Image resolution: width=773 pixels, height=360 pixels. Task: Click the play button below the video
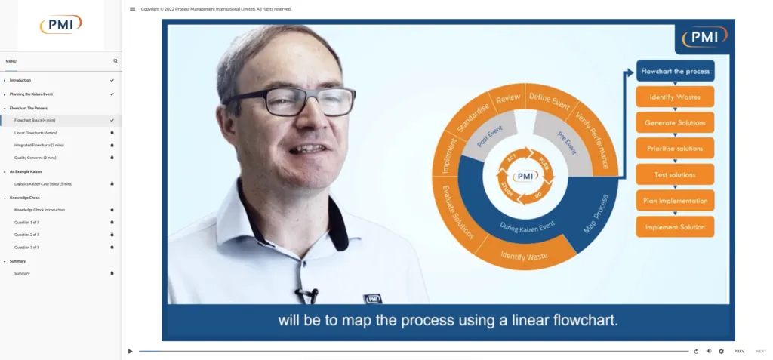130,351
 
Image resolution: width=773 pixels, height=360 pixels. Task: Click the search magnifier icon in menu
115,61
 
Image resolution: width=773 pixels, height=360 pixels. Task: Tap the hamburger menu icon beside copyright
133,9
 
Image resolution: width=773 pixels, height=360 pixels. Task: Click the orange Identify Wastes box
675,97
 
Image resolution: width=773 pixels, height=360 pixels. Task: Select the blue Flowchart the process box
675,72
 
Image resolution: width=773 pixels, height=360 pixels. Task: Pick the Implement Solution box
675,227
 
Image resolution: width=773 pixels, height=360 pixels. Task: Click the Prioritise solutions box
675,149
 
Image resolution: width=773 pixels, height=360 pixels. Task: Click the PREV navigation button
739,351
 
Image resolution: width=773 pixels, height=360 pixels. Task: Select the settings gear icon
721,351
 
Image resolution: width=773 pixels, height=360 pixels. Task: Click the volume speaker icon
708,351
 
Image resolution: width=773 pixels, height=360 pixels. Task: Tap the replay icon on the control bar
696,351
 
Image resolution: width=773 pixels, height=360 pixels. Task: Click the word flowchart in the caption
584,320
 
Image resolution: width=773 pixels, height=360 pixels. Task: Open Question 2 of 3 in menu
27,235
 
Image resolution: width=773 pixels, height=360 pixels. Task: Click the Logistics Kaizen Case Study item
43,183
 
